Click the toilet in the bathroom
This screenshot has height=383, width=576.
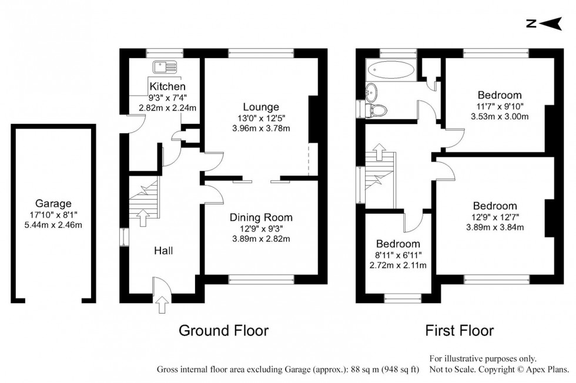379,109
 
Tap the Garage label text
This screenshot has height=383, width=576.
52,204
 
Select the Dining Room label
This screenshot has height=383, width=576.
261,217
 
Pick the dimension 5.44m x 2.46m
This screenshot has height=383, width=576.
52,225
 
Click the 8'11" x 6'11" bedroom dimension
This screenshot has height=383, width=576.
398,255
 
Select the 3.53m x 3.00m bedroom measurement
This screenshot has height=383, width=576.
499,116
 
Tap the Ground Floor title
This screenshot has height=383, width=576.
223,331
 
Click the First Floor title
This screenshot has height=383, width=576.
460,331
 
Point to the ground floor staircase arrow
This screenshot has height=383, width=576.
141,219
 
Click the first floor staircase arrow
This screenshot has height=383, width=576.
378,152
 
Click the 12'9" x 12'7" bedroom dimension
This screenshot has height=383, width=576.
494,217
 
